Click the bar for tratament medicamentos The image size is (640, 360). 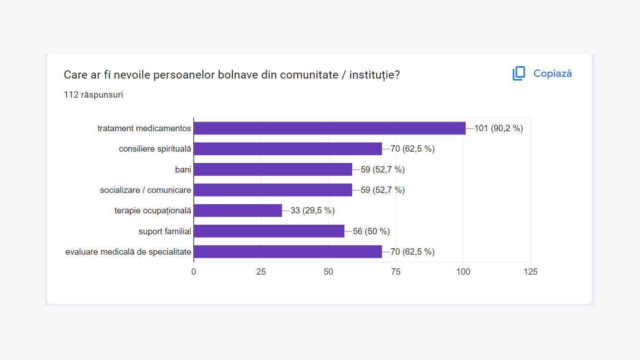[x=330, y=128]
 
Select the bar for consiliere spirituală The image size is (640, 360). [x=288, y=149]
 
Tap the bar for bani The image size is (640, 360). [x=273, y=169]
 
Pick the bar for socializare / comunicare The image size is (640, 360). [x=273, y=190]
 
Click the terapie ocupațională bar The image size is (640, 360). [x=238, y=211]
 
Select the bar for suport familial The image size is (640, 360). [x=269, y=231]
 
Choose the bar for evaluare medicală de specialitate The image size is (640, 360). [x=288, y=252]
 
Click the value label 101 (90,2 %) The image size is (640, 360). [x=498, y=128]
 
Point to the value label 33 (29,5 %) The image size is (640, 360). [x=312, y=211]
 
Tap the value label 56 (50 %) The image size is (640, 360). [x=371, y=231]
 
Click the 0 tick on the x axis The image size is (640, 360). [x=194, y=272]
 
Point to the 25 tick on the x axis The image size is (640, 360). [x=261, y=272]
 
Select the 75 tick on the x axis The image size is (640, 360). [x=396, y=272]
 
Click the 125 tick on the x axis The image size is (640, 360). [x=530, y=272]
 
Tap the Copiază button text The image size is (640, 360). [x=552, y=74]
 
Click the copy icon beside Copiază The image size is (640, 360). [x=519, y=74]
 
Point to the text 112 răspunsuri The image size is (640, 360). [x=94, y=95]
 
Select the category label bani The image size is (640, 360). [x=183, y=170]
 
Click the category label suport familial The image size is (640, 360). [x=165, y=232]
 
